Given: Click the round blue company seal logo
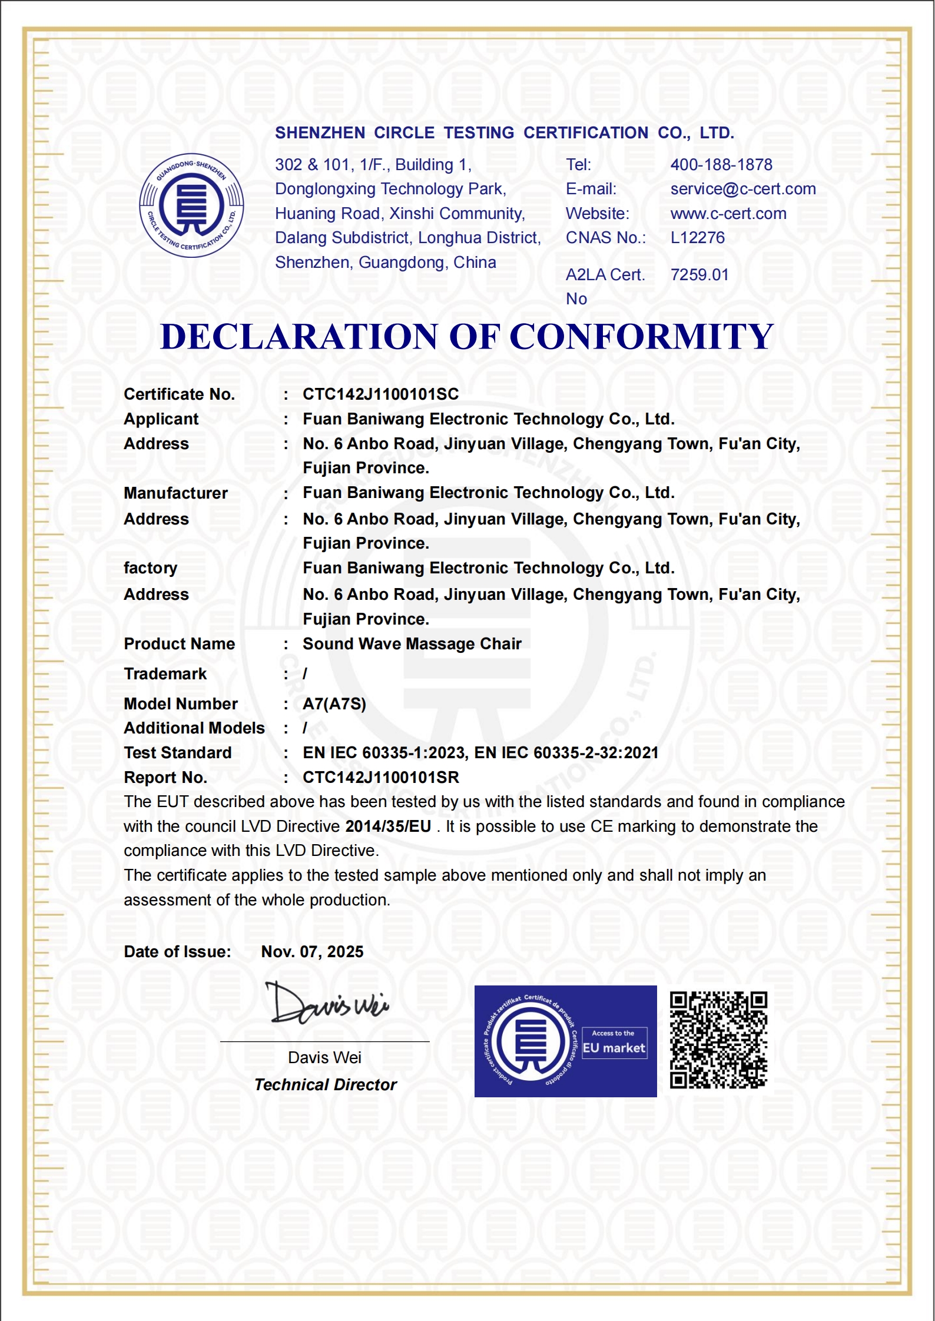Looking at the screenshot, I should [x=191, y=205].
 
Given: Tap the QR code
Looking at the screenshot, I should [x=718, y=1040].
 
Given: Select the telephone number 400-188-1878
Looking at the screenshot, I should [x=721, y=165].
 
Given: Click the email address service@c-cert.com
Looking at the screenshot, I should [x=743, y=189].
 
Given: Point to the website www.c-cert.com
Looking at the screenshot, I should [x=728, y=214].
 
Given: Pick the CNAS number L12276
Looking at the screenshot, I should [x=698, y=238].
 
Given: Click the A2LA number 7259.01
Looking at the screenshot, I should [x=699, y=275].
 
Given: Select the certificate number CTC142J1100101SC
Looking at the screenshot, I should [x=380, y=394].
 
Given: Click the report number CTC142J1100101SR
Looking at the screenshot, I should [x=380, y=778].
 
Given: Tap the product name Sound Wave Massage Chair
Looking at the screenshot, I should [x=412, y=644].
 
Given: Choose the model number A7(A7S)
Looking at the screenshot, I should [x=334, y=704].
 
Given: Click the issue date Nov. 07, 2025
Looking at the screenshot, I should [x=312, y=952].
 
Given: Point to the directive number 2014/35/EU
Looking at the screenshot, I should [x=388, y=827].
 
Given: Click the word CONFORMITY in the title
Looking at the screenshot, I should [x=641, y=337].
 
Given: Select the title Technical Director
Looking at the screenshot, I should [x=326, y=1085].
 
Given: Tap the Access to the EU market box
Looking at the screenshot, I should [x=614, y=1043].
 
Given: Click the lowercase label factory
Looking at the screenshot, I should [x=150, y=568].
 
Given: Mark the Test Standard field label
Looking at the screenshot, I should [x=178, y=753].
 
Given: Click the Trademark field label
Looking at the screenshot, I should [x=165, y=674].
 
